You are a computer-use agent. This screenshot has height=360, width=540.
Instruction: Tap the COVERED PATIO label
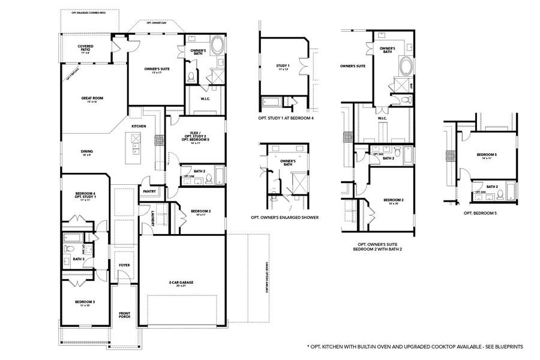(x=88, y=48)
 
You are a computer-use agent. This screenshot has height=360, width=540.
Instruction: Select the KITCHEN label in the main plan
(x=139, y=126)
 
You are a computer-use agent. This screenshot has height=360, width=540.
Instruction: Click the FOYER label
(x=124, y=265)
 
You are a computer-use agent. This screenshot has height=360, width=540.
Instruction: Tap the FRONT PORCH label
(x=124, y=314)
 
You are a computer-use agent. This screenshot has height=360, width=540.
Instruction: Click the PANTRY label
(x=149, y=192)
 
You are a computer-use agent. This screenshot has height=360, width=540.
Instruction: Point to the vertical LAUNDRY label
(x=154, y=218)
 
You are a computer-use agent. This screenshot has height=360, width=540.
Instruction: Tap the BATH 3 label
(x=79, y=259)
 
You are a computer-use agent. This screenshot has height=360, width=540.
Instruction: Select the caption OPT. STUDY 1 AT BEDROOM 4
(x=286, y=118)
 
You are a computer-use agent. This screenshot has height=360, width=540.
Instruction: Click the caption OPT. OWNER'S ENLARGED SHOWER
(x=284, y=218)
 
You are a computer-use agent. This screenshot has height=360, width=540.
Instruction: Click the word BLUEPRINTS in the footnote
(x=509, y=347)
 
